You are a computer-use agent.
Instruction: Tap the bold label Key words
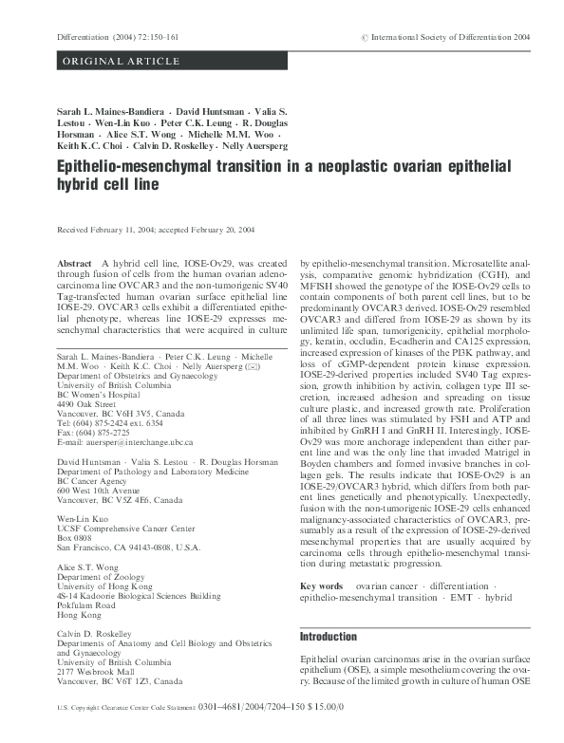coord(321,586)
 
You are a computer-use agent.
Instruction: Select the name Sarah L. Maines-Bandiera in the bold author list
coord(114,112)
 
